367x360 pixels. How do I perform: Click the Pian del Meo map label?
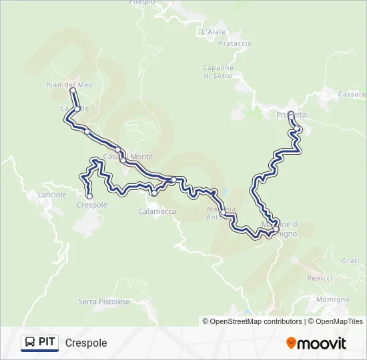coord(69,85)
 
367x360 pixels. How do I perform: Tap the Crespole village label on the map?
coord(92,205)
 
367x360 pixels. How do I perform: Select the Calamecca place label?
coord(157,211)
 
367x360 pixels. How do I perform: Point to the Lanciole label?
coord(53,195)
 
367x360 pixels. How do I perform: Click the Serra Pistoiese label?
coord(104,302)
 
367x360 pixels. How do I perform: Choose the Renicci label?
coord(320,277)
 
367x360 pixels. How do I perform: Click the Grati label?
coord(350,261)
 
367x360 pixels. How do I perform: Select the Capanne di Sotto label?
coord(218,71)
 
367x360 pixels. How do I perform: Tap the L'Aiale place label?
coord(214,31)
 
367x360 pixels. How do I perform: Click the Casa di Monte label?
coord(127,157)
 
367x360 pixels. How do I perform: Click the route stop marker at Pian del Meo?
coord(73,91)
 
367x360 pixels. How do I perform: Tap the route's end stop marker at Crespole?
coord(89,196)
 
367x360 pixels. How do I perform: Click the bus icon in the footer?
coord(29,343)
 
